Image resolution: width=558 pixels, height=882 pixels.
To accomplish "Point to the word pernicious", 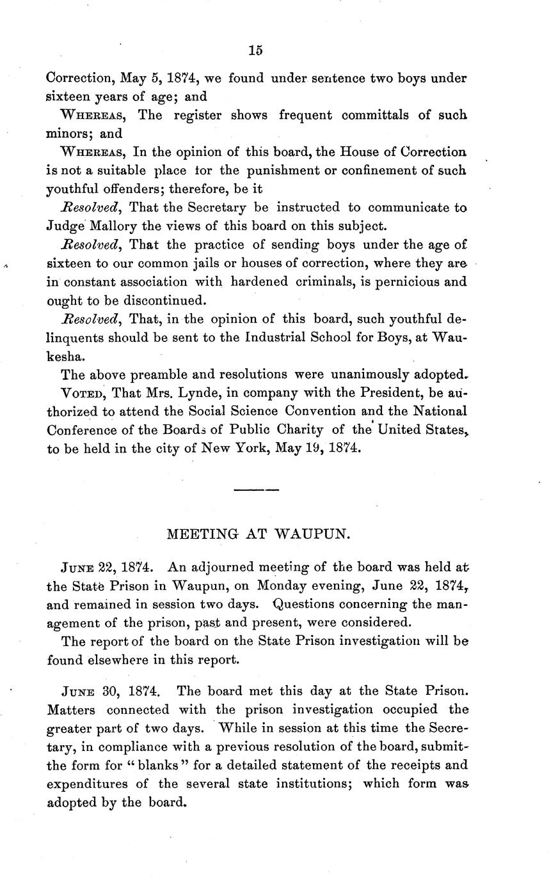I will click(413, 282).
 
